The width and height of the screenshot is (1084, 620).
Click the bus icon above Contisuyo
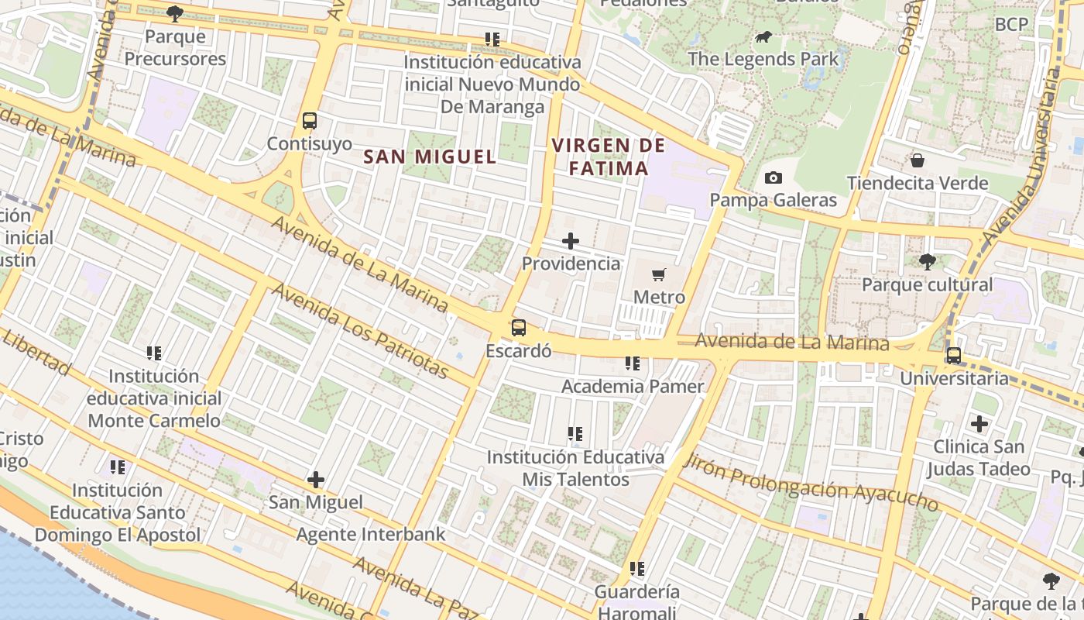(x=310, y=121)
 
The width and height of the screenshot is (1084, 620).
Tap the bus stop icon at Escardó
(x=519, y=328)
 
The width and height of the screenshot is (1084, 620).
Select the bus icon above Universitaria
(x=954, y=356)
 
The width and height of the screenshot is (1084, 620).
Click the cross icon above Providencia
(x=571, y=241)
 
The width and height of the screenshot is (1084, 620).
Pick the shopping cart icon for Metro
(x=659, y=274)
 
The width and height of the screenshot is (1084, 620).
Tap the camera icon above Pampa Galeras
(x=773, y=178)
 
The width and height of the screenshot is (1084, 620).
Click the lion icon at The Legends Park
(x=763, y=36)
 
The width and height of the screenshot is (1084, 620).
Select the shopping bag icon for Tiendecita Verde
(x=918, y=160)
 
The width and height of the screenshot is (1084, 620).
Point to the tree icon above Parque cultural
(x=927, y=262)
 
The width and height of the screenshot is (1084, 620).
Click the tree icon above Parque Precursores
(x=175, y=13)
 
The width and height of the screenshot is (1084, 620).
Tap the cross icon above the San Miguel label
(x=316, y=480)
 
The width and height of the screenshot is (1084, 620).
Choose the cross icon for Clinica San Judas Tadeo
(x=979, y=424)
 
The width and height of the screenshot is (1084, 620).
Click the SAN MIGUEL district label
(x=430, y=157)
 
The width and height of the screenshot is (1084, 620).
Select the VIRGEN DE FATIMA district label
(x=609, y=157)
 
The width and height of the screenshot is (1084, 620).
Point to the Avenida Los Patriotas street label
(x=361, y=331)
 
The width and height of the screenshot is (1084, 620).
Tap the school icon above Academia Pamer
(x=633, y=363)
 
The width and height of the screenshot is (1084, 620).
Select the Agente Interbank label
(x=371, y=534)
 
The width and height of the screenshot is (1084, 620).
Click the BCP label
(x=1011, y=24)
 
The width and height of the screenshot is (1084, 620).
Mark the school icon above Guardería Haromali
(x=637, y=570)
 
